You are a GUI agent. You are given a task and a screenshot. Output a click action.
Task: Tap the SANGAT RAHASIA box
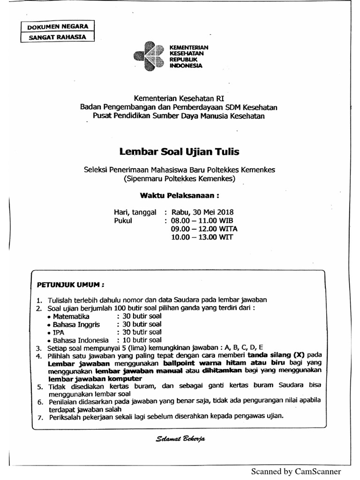58,37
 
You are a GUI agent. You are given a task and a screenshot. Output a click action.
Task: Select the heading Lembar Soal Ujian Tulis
179,151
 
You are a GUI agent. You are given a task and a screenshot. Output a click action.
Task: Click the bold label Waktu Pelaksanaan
180,195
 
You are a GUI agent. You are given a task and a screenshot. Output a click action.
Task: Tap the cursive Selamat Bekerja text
180,439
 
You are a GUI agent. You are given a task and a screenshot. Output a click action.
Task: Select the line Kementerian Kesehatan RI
179,98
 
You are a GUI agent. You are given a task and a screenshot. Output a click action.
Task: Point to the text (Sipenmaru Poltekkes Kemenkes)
179,179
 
